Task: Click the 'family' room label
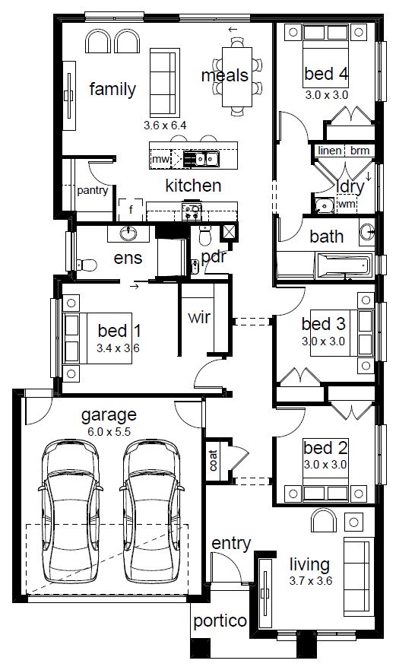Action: click(112, 89)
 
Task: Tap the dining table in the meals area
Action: click(236, 77)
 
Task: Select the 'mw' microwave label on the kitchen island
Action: click(160, 160)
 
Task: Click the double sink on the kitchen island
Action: click(207, 159)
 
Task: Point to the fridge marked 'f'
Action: click(131, 209)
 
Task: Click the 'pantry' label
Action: click(92, 190)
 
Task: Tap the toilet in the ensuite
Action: click(87, 265)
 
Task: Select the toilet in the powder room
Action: click(205, 237)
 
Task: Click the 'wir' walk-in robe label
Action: click(199, 317)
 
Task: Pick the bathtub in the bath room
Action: click(344, 265)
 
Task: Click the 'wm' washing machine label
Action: click(347, 204)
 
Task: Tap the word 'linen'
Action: click(330, 151)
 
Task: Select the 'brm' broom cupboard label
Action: click(360, 151)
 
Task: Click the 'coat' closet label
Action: click(213, 460)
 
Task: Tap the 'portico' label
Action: click(220, 621)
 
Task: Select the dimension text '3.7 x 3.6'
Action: click(311, 581)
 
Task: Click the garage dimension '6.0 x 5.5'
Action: click(109, 432)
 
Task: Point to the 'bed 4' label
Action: click(326, 74)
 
